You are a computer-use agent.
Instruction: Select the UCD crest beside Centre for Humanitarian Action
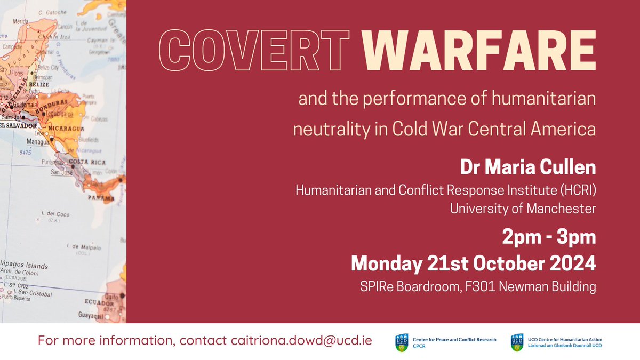click(x=516, y=342)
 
